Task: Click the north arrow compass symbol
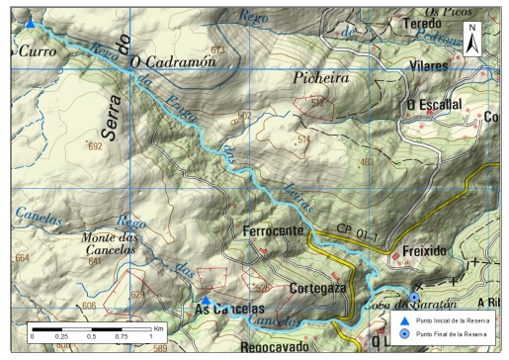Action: point(472,39)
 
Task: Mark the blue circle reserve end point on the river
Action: point(414,297)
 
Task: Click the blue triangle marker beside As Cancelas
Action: point(206,299)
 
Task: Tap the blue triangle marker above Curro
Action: point(30,24)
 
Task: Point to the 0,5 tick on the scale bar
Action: point(92,336)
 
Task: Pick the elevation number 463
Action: point(368,162)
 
